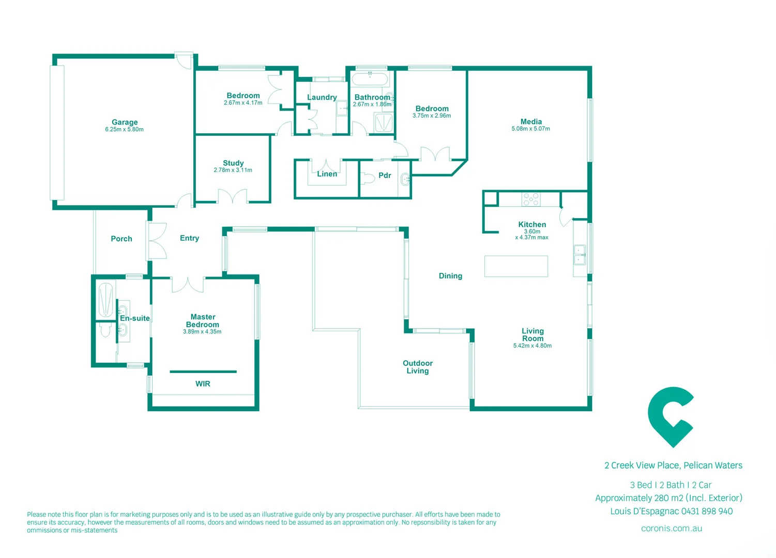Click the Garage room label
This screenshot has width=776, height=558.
coord(125,122)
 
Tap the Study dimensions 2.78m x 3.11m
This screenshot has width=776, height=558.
coord(233,170)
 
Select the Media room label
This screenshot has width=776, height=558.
coord(531,121)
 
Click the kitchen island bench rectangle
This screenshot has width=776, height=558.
coord(516,266)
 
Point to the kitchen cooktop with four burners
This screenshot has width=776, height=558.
coord(531,199)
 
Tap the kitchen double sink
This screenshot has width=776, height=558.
coord(580,255)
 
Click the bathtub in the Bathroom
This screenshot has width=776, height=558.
coord(370,79)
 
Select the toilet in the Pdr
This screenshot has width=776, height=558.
coord(368,178)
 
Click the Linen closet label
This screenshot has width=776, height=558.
coord(327,174)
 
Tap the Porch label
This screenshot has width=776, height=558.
coord(121,239)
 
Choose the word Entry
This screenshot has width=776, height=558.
coord(189,238)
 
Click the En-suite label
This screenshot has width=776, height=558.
coord(135,318)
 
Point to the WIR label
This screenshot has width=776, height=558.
coord(203,384)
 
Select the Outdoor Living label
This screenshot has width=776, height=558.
coord(418,367)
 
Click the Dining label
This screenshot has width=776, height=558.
coord(450,276)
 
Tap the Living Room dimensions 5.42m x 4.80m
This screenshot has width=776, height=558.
coord(532,346)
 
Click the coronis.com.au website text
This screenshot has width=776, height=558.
coord(671,528)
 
